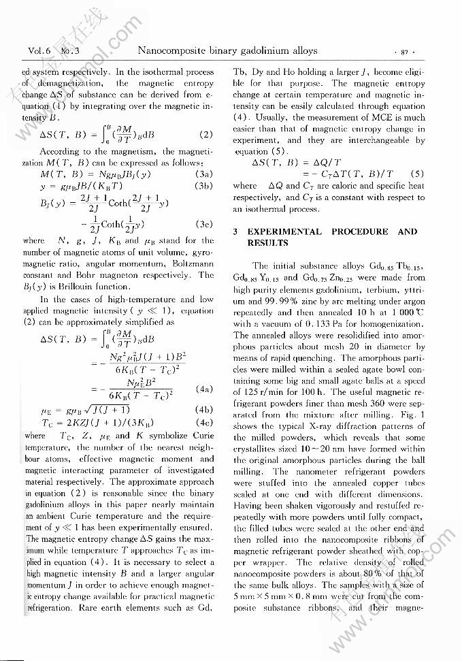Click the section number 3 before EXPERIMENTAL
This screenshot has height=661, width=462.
click(x=235, y=231)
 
